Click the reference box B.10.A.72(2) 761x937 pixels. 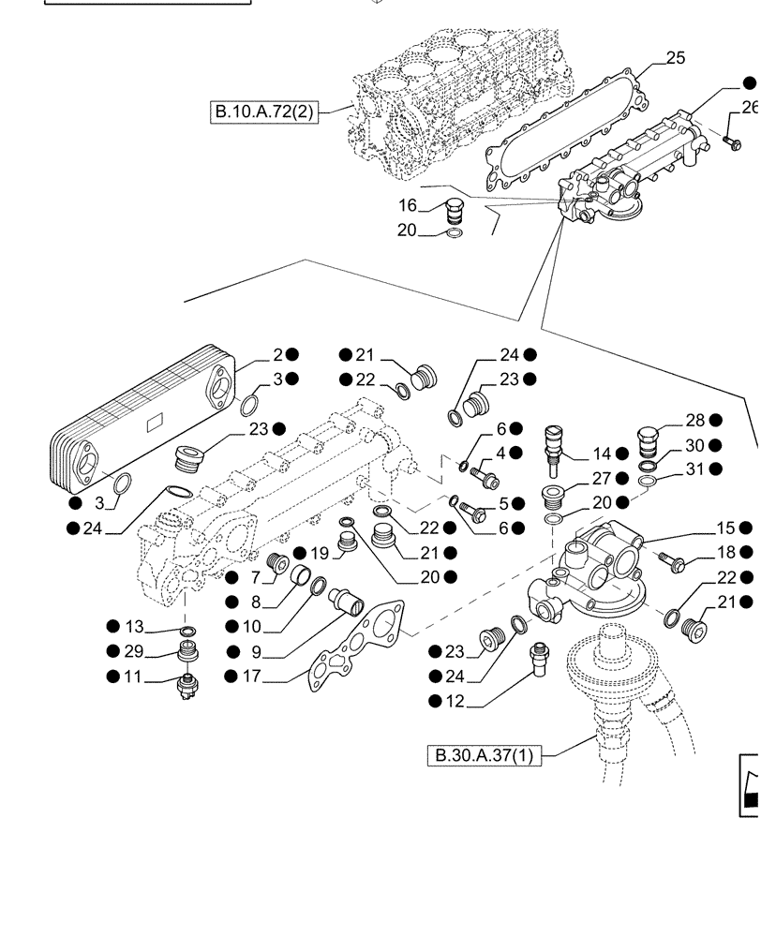263,113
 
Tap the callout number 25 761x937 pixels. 675,58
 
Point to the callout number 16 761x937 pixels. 407,205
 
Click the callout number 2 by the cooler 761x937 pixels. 277,355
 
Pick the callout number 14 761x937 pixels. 601,454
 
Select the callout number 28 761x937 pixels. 694,421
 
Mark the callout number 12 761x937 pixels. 455,701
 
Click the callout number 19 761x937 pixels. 319,552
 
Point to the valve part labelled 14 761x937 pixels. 554,443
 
